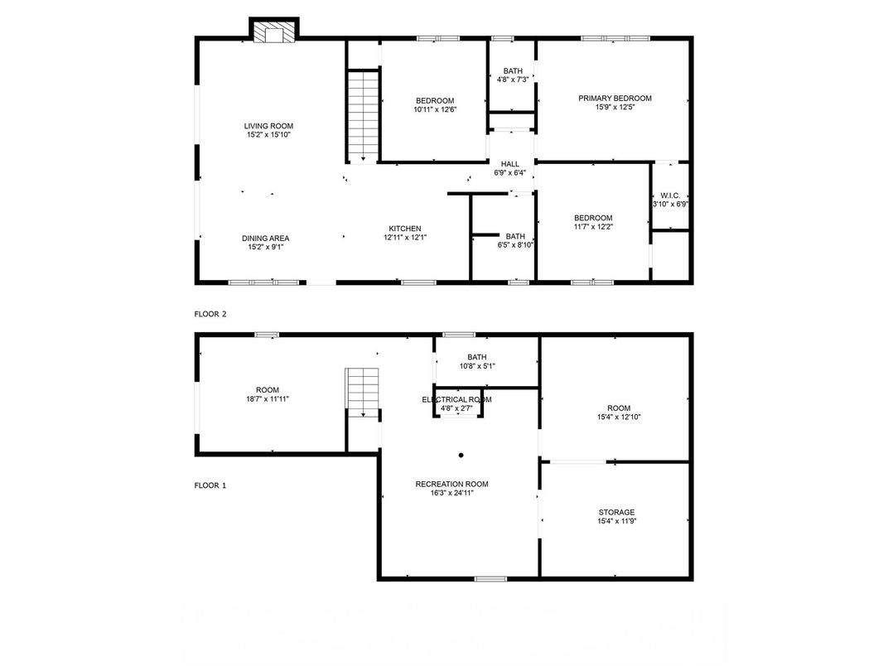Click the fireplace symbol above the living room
coord(273,32)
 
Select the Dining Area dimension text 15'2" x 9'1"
coord(266,247)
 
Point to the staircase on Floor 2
coord(362,116)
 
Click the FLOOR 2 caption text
coord(210,314)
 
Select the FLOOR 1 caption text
coord(210,485)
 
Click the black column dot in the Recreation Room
coord(461,454)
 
